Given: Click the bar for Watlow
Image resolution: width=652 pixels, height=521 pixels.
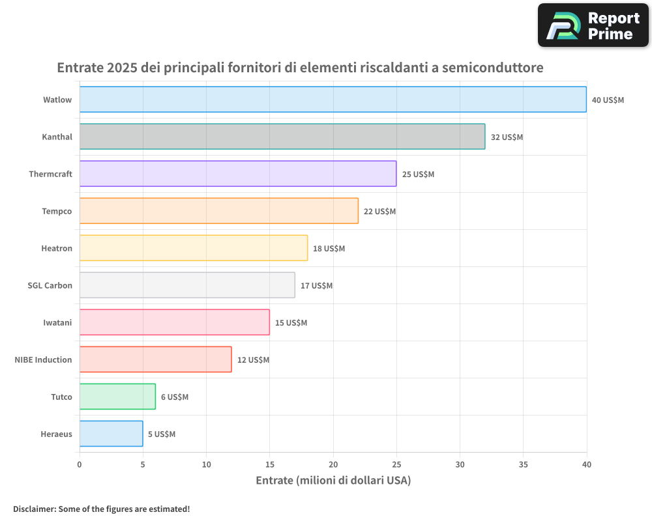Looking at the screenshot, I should point(333,100).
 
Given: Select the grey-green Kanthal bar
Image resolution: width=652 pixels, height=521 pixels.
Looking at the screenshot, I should point(282,137).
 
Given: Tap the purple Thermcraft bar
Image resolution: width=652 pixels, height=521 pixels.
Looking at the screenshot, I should point(237,174).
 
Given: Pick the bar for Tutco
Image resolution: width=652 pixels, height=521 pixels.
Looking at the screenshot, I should point(117,397).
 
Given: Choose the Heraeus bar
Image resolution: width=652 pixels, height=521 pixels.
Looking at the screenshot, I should point(111,434).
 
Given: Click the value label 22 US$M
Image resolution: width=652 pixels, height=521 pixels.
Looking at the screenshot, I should point(379,212).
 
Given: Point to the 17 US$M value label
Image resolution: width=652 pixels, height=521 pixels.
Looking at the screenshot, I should point(316,286).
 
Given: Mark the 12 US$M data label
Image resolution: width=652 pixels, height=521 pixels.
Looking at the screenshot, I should point(253,360).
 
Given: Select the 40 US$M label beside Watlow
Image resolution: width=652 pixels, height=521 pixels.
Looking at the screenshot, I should point(608,100).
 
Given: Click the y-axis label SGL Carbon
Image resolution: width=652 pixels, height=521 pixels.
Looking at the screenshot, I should point(50,286).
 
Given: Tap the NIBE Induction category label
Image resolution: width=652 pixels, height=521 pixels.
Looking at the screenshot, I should point(43,360).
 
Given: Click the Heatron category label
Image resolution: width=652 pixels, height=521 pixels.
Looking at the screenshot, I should point(57,249).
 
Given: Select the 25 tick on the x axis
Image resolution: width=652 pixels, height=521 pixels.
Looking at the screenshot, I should point(396,464).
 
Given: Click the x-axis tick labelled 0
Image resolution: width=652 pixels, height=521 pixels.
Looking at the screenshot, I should point(80,464).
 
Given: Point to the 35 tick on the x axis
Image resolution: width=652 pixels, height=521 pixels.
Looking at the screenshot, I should point(524,464).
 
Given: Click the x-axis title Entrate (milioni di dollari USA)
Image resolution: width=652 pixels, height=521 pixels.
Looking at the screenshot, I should point(333,481).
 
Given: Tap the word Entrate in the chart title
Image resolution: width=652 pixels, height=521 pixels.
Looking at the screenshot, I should point(80,68).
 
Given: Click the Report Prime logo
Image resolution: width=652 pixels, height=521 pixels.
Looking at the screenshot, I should point(593,25).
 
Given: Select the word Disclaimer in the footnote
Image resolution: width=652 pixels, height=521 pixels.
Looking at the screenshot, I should point(33,509).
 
